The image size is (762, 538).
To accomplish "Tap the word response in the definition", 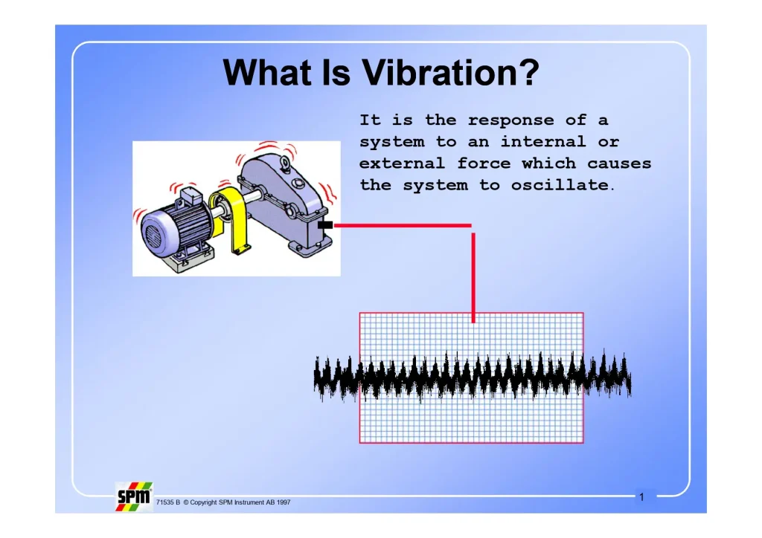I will click(510, 120).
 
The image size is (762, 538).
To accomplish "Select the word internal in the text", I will click(543, 142).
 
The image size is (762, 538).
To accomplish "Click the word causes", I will click(619, 163).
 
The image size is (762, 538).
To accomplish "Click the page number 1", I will click(641, 496).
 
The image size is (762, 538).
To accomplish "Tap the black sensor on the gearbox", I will click(324, 224).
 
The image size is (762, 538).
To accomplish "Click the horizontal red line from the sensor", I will click(402, 225).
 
